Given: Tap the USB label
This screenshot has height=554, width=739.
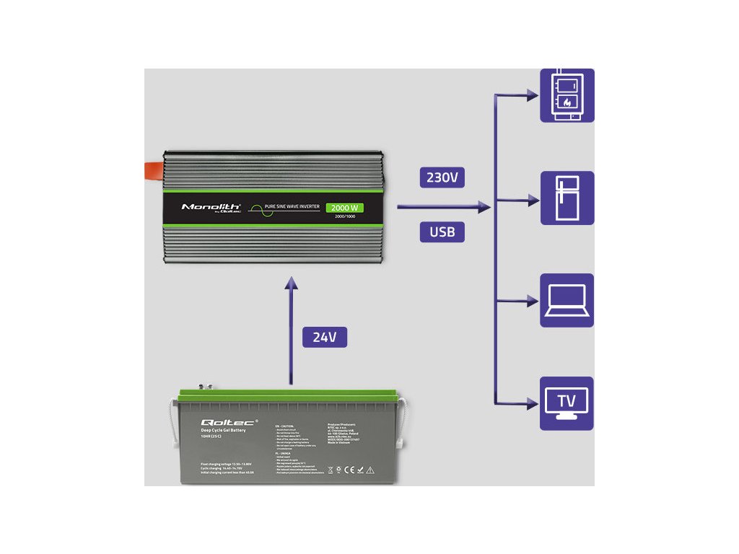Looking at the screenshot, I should [442, 232].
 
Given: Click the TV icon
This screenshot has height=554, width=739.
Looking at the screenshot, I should [567, 403].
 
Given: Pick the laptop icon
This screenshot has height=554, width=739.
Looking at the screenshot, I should [567, 301].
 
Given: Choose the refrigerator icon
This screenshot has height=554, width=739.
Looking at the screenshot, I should [567, 198].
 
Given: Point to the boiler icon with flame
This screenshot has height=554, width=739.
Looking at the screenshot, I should [567, 95].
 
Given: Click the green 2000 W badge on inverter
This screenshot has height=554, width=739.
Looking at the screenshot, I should [344, 208].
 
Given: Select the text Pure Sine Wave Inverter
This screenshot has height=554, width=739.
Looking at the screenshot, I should [292, 207].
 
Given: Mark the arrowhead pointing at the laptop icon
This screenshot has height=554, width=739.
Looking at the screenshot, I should [533, 300].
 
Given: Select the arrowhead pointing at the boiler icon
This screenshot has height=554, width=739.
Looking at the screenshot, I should [533, 94].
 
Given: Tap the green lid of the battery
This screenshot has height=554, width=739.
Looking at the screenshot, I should [289, 395].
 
